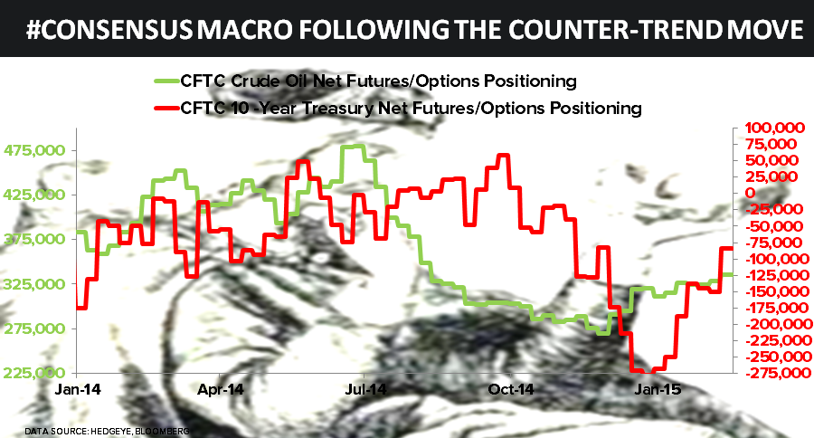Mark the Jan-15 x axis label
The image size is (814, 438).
coord(655,390)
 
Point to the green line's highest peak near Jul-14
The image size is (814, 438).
coord(353,146)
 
